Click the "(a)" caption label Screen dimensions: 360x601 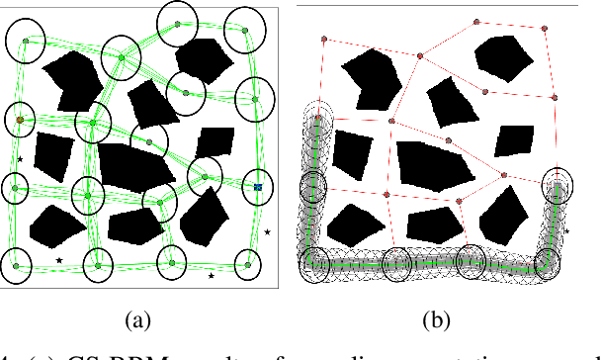pyautogui.click(x=136, y=318)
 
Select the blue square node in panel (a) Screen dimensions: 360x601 pyautogui.click(x=257, y=186)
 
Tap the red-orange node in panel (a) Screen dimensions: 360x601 pyautogui.click(x=20, y=121)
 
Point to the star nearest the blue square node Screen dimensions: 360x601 pyautogui.click(x=267, y=232)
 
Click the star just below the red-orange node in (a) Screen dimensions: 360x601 pyautogui.click(x=19, y=158)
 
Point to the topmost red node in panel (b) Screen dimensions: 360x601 pyautogui.click(x=476, y=20)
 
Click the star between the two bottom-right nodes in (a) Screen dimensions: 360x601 pyautogui.click(x=212, y=276)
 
